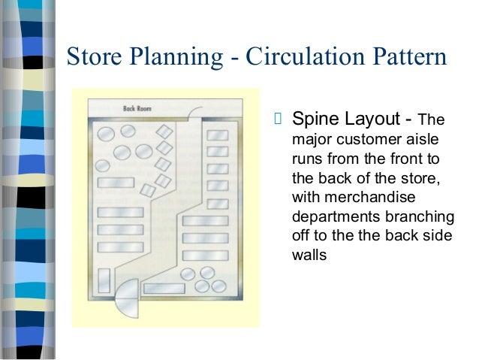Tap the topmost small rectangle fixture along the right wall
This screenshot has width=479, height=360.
pyautogui.click(x=217, y=135)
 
